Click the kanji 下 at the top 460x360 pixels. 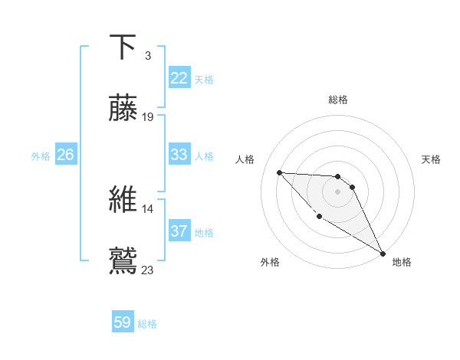123,47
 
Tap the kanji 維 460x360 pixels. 123,198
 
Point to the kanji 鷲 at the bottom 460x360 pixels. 123,259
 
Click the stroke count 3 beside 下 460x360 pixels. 148,56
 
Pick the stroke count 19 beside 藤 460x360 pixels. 149,116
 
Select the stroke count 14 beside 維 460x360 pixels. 148,208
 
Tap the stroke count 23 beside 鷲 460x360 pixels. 148,269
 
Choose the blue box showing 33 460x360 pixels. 179,155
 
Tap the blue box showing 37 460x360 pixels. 179,231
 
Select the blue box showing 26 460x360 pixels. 65,155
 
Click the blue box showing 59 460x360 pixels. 123,323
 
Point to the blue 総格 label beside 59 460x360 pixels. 147,324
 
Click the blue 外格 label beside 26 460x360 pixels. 41,156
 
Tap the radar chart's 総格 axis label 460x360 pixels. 338,100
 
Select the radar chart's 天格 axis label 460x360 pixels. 431,159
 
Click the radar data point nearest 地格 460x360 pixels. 383,254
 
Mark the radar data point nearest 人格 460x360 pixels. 279,172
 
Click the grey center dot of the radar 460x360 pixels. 337,191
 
